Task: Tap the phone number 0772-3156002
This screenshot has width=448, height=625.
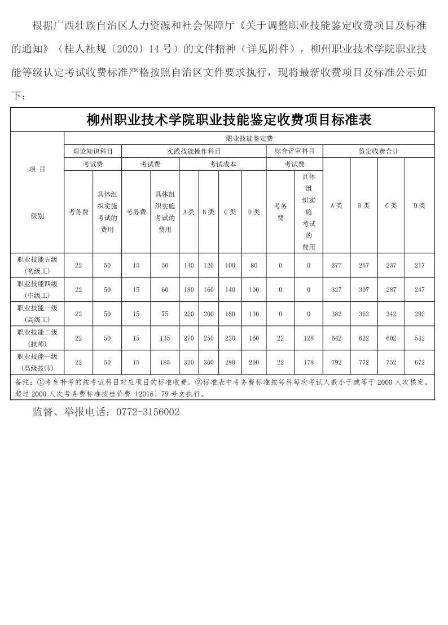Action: point(147,412)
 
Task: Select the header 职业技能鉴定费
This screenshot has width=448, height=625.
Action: point(249,138)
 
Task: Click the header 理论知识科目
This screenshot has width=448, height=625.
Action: point(93,151)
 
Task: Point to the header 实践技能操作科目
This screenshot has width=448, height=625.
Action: point(194,151)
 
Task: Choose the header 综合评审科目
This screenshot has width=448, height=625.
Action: point(294,151)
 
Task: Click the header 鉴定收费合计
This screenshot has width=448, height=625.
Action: point(378,151)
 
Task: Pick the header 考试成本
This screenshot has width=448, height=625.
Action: point(222,164)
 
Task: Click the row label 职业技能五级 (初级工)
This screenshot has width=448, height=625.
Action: point(38,265)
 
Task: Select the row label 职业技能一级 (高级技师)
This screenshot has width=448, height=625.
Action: point(38,362)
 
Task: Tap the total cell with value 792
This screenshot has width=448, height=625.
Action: point(337,363)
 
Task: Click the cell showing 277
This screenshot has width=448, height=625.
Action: point(337,266)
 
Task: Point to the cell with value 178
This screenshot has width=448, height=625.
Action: point(309,363)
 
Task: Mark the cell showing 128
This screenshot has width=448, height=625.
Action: point(309,338)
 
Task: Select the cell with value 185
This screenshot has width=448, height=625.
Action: point(165,363)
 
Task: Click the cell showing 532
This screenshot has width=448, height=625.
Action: point(419,338)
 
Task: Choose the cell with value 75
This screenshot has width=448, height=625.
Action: point(165,314)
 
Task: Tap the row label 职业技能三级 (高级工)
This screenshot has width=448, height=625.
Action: point(38,314)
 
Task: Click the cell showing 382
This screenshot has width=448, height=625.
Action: point(337,314)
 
